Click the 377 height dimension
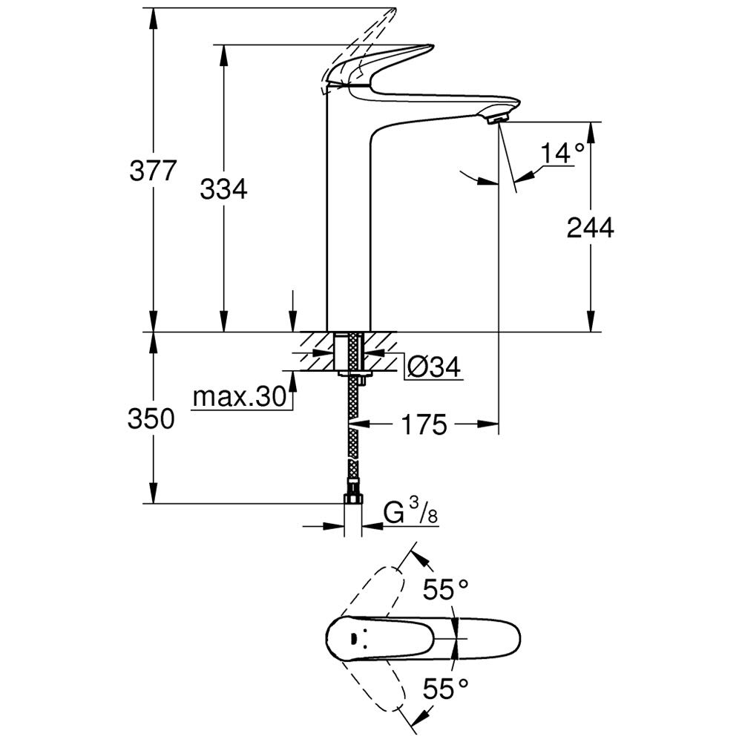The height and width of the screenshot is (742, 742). (153, 171)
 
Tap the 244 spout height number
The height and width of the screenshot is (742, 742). (590, 229)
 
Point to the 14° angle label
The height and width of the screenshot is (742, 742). (562, 154)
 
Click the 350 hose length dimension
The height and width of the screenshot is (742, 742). (151, 418)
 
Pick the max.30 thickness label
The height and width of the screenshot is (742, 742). (239, 398)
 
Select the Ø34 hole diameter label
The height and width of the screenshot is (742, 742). (434, 366)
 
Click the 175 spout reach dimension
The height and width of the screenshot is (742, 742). (425, 425)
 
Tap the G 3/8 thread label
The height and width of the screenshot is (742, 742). (407, 511)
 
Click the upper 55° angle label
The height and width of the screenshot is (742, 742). (446, 589)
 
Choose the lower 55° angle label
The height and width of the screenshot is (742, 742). (446, 689)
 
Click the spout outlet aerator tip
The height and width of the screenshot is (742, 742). (497, 116)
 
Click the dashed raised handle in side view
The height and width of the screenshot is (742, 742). (364, 37)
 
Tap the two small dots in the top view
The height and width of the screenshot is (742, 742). (353, 638)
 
